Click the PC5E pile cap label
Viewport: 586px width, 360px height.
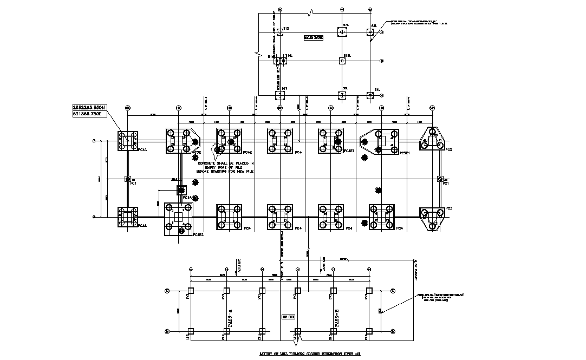197,153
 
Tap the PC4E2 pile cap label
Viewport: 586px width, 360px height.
198,234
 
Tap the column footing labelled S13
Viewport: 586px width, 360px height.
280,95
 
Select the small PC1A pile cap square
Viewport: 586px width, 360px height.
181,190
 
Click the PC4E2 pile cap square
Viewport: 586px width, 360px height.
179,219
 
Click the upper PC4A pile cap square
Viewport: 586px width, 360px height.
128,141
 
